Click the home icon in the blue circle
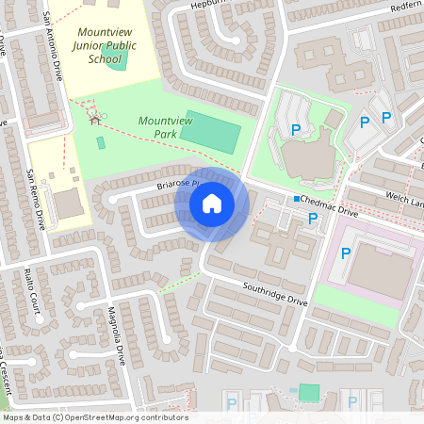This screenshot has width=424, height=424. (212, 204)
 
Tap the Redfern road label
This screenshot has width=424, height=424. (403, 8)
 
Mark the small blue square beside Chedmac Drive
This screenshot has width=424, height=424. (296, 199)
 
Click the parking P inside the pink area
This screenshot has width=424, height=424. (346, 253)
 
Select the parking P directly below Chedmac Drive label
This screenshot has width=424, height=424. (313, 219)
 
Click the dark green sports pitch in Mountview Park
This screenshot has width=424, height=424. (210, 132)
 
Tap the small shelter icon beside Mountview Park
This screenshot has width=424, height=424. (94, 120)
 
